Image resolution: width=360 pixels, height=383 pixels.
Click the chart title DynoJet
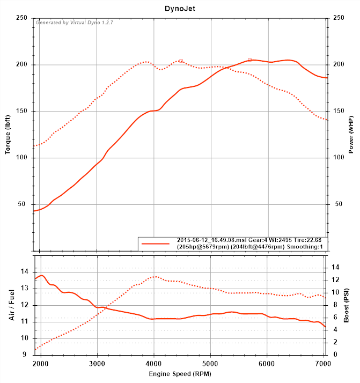[180, 9]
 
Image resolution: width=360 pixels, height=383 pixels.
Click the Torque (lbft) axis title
[8, 134]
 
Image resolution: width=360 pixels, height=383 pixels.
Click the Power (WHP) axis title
[351, 134]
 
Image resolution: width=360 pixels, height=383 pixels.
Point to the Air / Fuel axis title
[12, 305]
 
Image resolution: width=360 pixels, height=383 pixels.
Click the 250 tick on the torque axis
[22, 18]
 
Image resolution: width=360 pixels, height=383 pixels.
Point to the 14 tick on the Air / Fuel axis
[24, 272]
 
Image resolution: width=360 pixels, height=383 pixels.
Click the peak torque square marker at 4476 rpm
[181, 61]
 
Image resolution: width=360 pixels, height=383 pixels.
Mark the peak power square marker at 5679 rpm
[249, 60]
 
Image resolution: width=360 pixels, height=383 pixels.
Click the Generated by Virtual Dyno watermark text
[75, 23]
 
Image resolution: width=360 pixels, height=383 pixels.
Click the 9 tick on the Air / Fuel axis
[25, 355]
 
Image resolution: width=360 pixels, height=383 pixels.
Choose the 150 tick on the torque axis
[22, 111]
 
